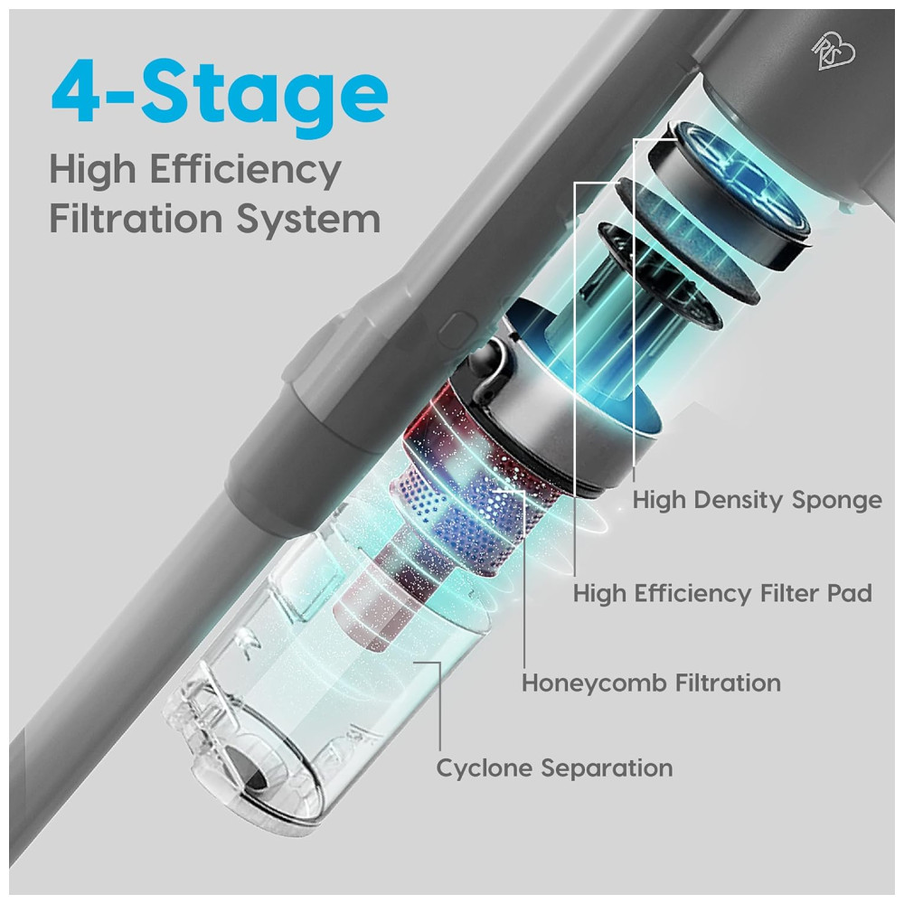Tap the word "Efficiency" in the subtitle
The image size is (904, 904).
(x=246, y=171)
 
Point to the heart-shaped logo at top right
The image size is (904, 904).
(x=834, y=52)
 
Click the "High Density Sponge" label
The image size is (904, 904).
(x=757, y=501)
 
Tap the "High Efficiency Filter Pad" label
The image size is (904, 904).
(x=721, y=594)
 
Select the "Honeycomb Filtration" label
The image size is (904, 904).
(x=651, y=683)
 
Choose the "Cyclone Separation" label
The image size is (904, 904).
(x=554, y=768)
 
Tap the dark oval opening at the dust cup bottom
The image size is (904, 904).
(x=250, y=769)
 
